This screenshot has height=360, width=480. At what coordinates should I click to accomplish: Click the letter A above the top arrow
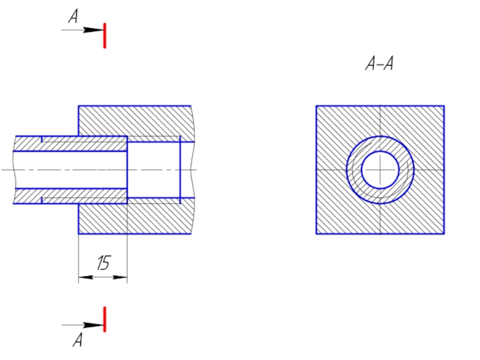[x=73, y=16]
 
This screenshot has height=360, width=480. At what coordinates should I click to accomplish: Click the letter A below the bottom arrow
[x=78, y=340]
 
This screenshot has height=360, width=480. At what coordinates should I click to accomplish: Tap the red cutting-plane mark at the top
[x=104, y=35]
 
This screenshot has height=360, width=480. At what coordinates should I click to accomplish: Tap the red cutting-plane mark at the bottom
[x=104, y=319]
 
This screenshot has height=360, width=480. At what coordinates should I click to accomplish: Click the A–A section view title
[x=380, y=64]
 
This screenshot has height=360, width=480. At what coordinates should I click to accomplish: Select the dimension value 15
[x=103, y=263]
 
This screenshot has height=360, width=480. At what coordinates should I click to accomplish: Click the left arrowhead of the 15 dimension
[x=85, y=277]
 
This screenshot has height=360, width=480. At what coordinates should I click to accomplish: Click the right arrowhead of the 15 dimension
[x=121, y=277]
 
